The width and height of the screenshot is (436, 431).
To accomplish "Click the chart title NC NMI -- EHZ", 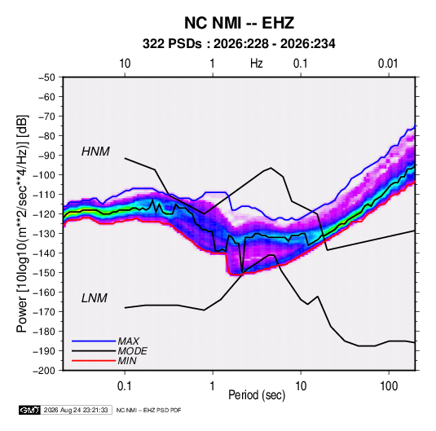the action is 239,23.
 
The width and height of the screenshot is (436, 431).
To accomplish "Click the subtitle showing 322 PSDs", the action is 239,44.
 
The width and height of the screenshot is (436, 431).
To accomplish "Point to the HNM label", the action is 95,152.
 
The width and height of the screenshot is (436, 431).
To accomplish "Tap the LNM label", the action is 95,298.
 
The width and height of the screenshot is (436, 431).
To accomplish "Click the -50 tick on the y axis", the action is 46,77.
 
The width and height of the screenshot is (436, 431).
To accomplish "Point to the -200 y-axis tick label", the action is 44,371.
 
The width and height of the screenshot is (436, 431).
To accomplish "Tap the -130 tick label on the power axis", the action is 44,234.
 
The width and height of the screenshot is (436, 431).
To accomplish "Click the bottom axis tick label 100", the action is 389,386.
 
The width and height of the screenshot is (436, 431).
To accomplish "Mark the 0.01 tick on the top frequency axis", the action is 388,64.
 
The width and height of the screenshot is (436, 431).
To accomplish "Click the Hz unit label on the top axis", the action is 257,64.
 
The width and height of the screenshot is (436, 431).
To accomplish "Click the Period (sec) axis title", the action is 257,395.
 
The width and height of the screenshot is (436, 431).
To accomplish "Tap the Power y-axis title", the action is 22,224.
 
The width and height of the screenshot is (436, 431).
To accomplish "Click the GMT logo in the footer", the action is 30,410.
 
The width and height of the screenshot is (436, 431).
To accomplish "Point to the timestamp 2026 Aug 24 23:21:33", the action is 76,410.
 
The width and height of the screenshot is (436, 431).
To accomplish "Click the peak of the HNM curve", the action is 271,168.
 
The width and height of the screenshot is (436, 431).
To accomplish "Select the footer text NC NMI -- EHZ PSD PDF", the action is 149,410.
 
